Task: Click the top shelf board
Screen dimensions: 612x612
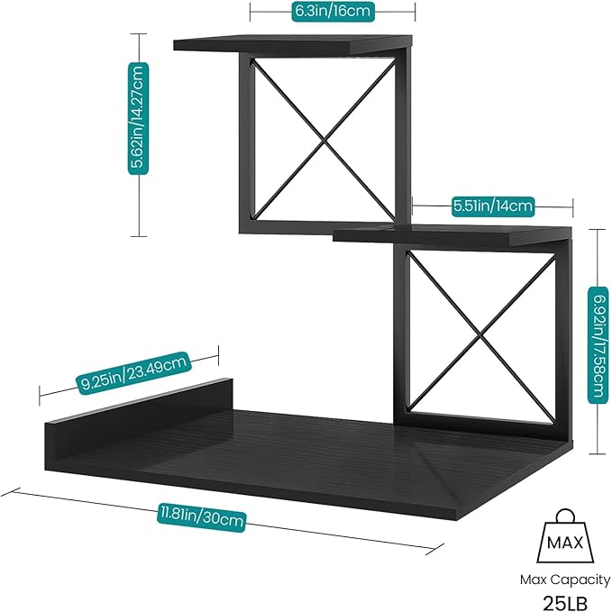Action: click(293, 42)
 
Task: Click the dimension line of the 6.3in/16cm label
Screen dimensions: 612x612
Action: click(397, 11)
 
